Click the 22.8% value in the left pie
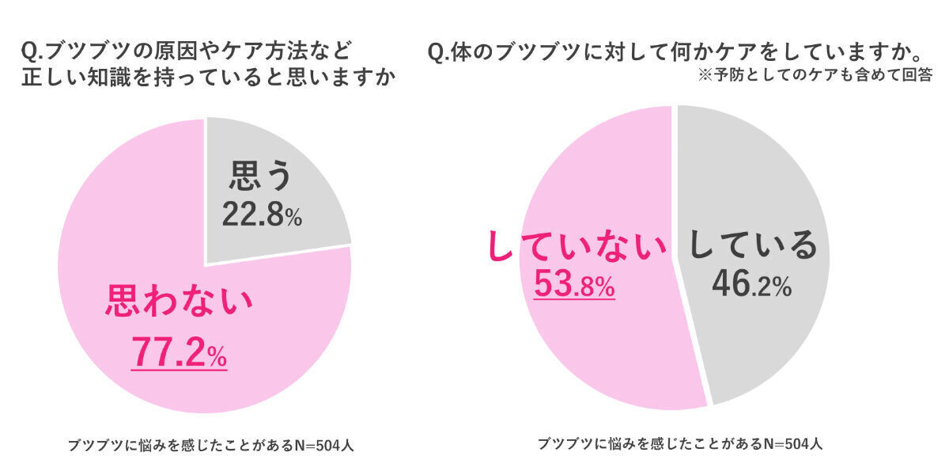(x=262, y=214)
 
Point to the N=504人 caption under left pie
(x=210, y=445)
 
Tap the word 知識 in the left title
(x=115, y=79)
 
